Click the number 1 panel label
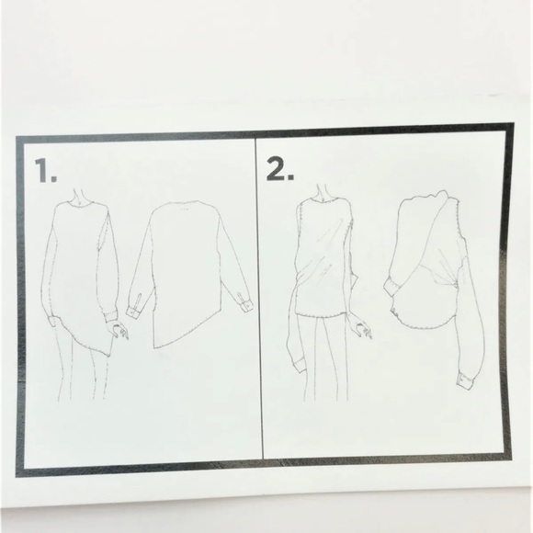pyautogui.click(x=45, y=170)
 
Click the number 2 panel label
pyautogui.click(x=279, y=168)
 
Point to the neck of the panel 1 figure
pyautogui.click(x=79, y=196)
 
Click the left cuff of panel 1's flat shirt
pyautogui.click(x=133, y=312)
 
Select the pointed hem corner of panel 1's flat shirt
pyautogui.click(x=154, y=347)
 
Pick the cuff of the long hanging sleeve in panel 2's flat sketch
pyautogui.click(x=464, y=381)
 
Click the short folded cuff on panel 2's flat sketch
pyautogui.click(x=391, y=287)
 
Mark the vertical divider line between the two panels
pyautogui.click(x=259, y=299)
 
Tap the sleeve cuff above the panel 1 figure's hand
pyautogui.click(x=110, y=316)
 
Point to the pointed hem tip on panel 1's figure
pyautogui.click(x=108, y=356)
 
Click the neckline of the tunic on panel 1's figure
pyautogui.click(x=80, y=205)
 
